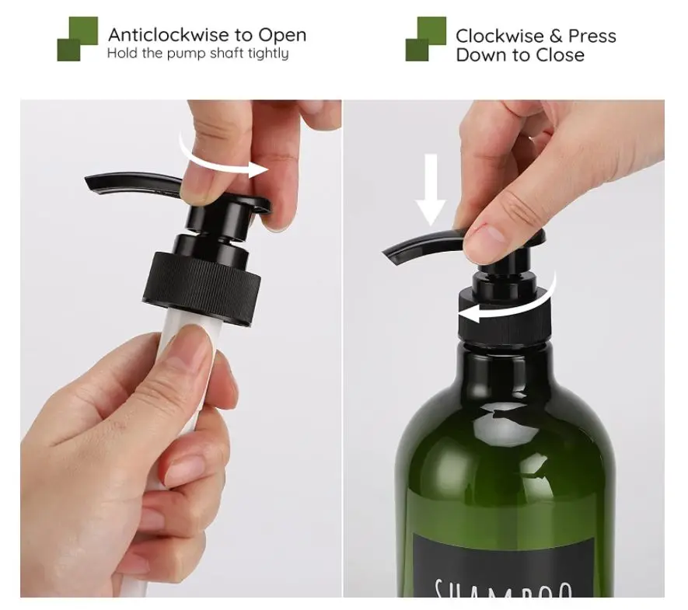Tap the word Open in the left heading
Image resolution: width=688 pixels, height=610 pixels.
point(282,35)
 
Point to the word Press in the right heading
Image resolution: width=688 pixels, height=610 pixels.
point(592,36)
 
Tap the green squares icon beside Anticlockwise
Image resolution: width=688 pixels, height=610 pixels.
point(78,38)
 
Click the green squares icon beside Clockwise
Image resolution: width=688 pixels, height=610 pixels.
point(425,38)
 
